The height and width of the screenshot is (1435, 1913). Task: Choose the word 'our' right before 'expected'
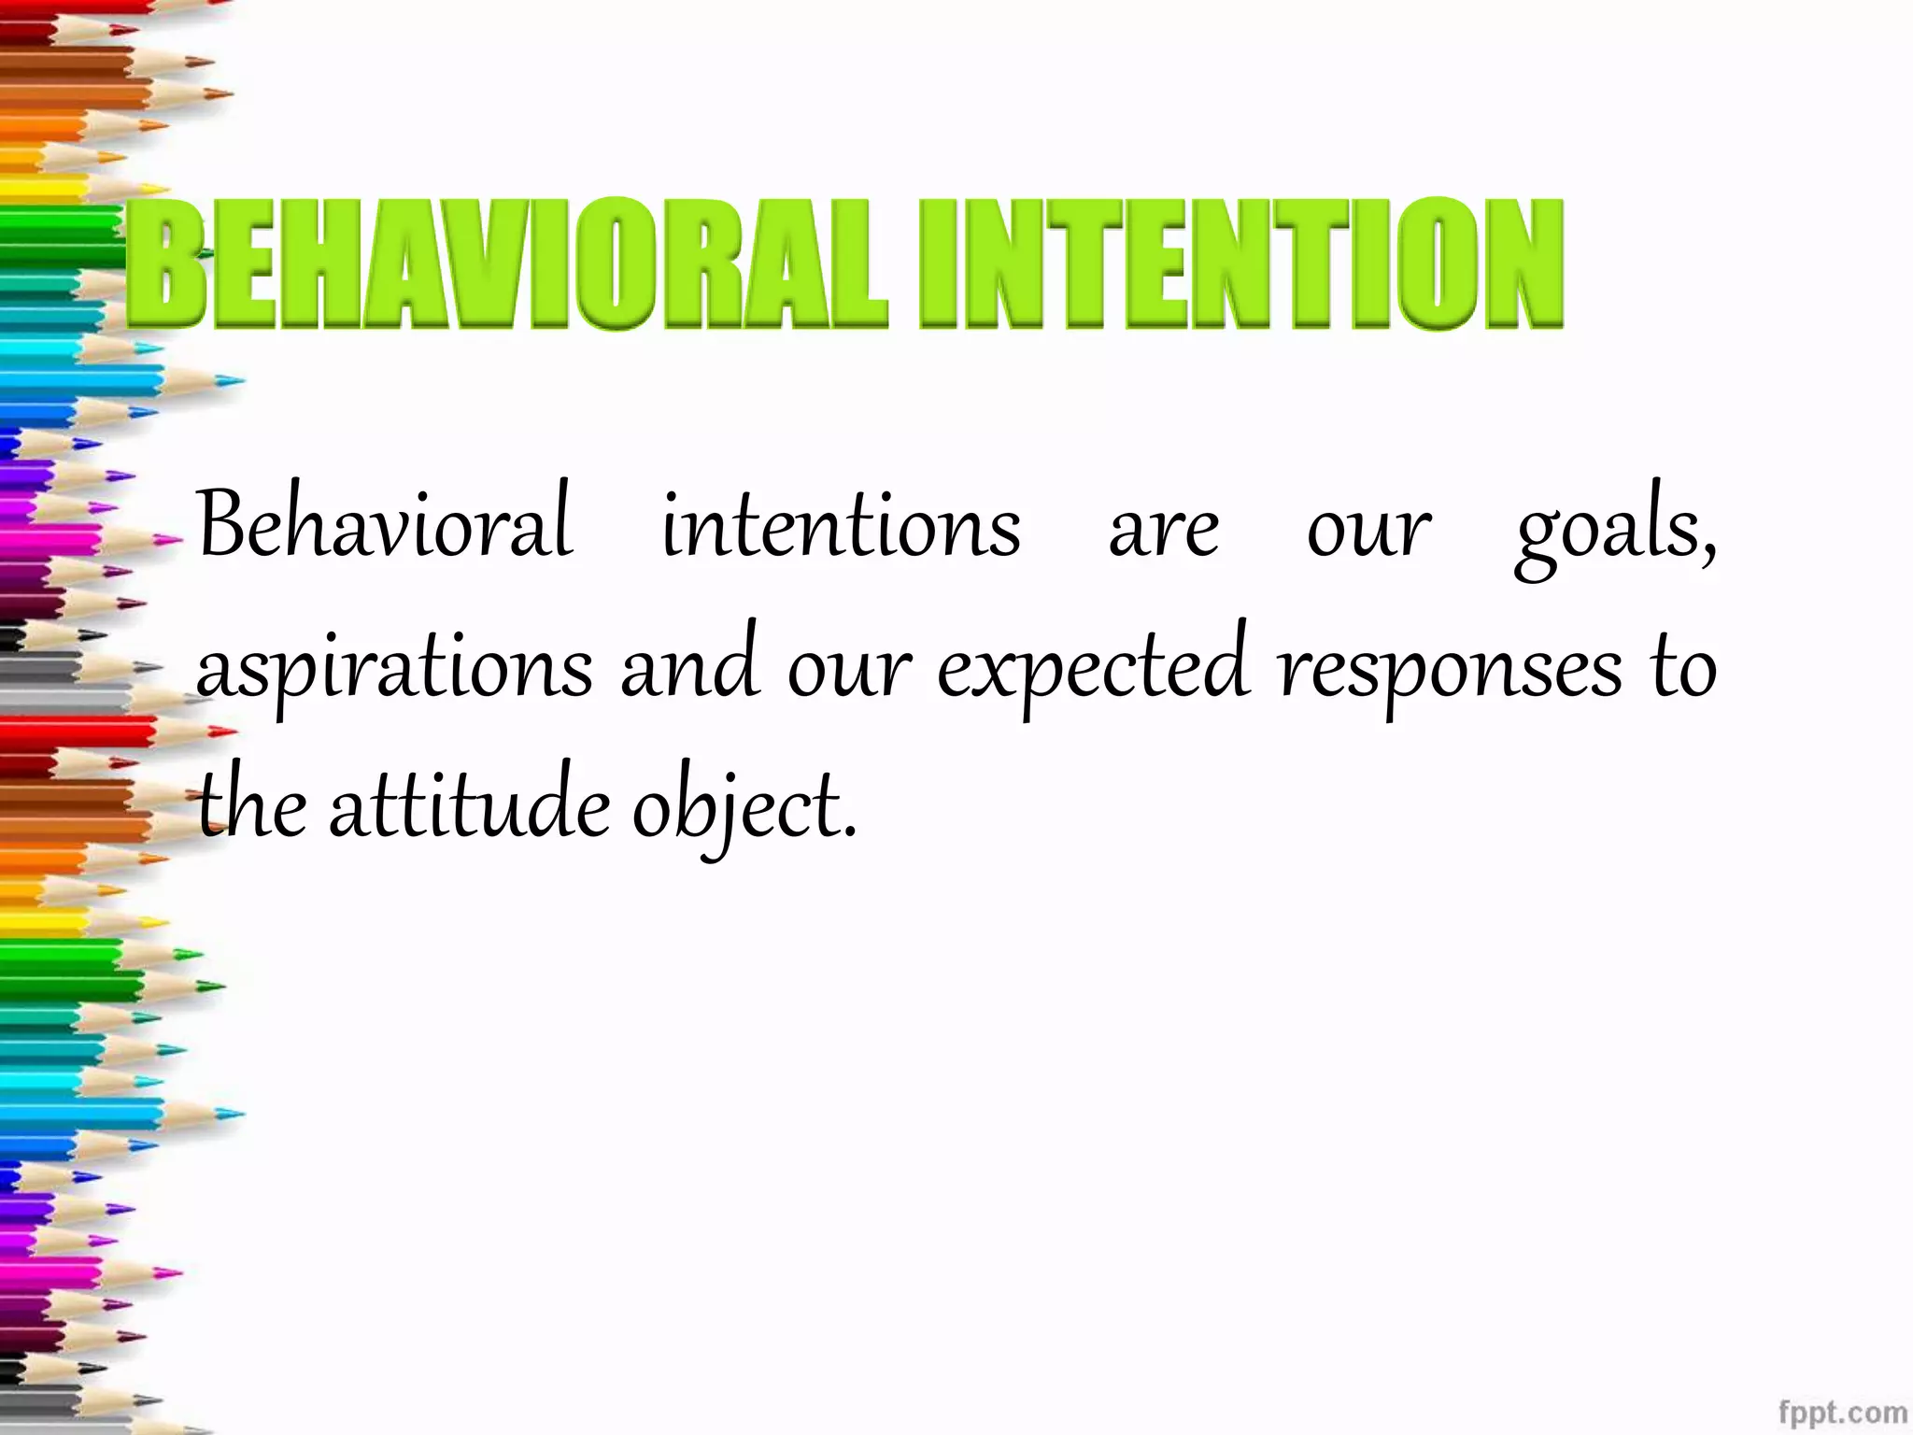[x=848, y=670]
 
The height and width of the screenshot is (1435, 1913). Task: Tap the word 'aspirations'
[x=394, y=670]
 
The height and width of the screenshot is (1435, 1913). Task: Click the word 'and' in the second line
[x=689, y=665]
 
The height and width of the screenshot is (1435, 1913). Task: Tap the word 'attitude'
[x=470, y=805]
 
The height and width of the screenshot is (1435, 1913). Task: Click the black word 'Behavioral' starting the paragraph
[x=386, y=525]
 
